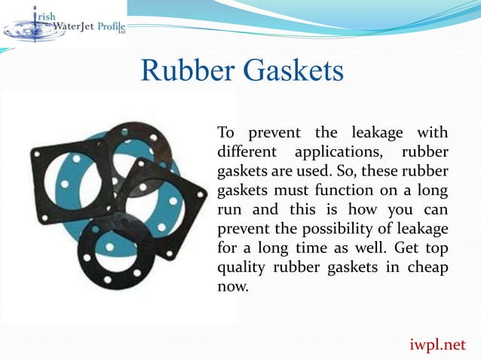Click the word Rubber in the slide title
click(188, 73)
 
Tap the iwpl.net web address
click(439, 345)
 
